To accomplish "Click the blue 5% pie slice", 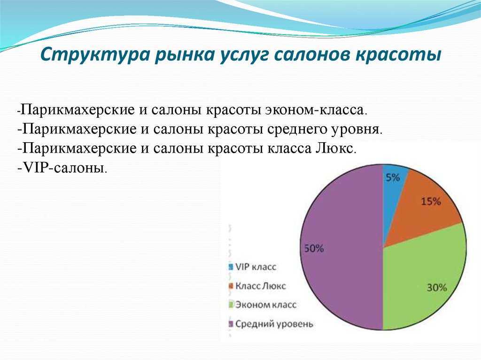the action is coord(393,196).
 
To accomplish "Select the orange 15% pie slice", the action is coord(427,208).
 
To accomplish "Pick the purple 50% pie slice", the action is coord(341,247).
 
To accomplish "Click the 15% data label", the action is coord(431,201).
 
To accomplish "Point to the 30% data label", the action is coord(437,288).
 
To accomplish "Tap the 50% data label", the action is coord(314,248).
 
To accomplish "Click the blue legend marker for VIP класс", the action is coord(231,267).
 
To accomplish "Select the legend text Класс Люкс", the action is coord(260,286).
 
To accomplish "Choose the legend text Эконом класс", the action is coord(266,305).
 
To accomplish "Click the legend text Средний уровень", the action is coord(274,324).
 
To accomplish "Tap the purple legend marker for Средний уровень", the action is coord(231,324).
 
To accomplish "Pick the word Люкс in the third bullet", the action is coord(335,148).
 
